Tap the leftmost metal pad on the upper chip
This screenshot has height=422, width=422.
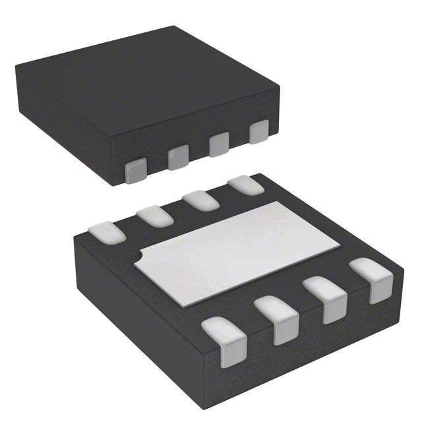click(x=135, y=170)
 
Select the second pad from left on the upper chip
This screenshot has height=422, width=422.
click(x=178, y=157)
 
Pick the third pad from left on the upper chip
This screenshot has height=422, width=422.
click(x=219, y=144)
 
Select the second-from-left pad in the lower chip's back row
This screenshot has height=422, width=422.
click(x=155, y=216)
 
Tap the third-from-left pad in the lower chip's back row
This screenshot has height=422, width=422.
click(x=201, y=200)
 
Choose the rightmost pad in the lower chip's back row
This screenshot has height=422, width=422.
click(x=245, y=185)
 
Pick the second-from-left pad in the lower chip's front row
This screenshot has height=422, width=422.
click(x=277, y=318)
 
